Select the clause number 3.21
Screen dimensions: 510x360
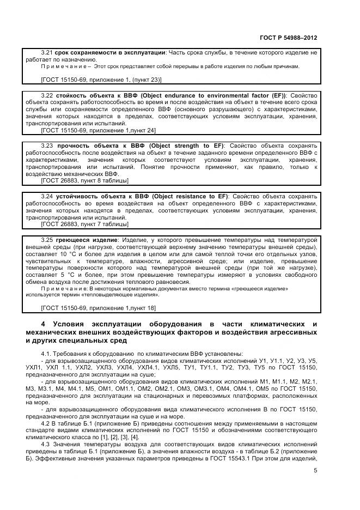coord(47,52)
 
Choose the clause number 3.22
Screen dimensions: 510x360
coord(47,95)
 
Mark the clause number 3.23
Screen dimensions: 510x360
coord(47,146)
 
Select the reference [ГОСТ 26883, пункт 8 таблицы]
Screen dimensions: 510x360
coord(84,180)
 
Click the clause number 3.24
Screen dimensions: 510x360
coord(47,196)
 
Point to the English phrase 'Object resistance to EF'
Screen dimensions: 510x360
coord(190,196)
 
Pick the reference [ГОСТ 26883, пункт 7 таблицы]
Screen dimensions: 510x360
coord(84,223)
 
